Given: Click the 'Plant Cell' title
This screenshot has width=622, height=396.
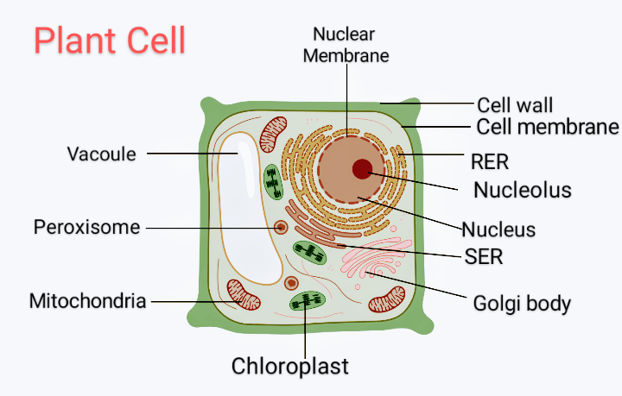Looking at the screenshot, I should [x=109, y=41].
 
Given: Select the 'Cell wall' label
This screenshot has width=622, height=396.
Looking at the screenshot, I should [x=515, y=105].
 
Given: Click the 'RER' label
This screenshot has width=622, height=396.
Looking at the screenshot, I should [x=490, y=161].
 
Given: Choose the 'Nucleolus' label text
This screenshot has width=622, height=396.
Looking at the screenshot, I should [x=523, y=189].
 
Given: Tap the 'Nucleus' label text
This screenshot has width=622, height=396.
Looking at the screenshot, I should [x=498, y=229].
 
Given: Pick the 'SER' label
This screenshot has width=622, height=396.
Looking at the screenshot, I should [x=484, y=256].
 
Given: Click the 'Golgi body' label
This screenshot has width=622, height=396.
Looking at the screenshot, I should [x=522, y=304].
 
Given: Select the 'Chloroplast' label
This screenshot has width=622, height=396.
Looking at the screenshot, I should [x=290, y=366].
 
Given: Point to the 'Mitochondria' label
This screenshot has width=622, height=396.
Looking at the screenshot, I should [x=87, y=302].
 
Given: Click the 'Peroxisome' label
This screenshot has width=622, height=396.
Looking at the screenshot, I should [x=86, y=228].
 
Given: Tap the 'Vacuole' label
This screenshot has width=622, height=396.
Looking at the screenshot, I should [x=102, y=154].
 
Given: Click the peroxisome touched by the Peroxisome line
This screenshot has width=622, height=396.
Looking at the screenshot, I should [x=281, y=229].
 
